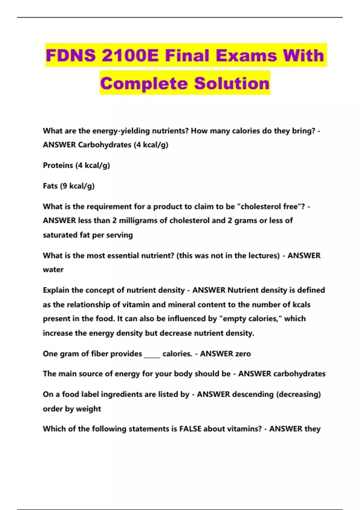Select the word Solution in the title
click(232, 83)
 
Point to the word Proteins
click(58, 165)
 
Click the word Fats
click(50, 186)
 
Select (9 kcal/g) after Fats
click(77, 186)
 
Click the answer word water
click(53, 270)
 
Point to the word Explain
click(56, 290)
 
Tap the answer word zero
click(243, 354)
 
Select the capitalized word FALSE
click(190, 429)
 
